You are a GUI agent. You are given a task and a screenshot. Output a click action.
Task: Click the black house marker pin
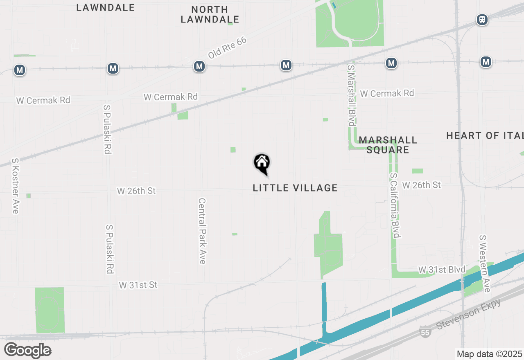coord(262,163)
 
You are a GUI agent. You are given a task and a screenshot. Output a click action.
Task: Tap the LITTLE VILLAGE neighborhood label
coord(295,188)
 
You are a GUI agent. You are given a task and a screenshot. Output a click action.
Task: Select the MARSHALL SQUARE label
coord(388,145)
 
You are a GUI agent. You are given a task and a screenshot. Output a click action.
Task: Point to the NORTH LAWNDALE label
coord(210,14)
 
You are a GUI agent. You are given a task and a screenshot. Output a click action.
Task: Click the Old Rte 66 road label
coord(227,49)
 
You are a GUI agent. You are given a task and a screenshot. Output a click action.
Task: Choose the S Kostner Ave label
coord(15,186)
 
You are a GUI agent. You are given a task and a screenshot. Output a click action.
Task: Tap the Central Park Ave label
coord(202,231)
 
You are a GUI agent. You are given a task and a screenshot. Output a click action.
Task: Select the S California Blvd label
coord(395,205)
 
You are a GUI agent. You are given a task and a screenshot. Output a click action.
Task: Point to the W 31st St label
coord(138,285)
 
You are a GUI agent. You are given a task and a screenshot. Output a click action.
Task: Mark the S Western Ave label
coord(484,263)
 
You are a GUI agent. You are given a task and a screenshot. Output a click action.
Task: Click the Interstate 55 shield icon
coord(425,332)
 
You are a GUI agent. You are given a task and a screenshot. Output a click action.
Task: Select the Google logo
coord(27,350)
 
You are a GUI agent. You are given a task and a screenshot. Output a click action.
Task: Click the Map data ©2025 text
coord(489,354)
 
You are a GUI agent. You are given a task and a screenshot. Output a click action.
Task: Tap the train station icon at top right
coord(482,20)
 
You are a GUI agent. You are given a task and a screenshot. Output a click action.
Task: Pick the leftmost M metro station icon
coord(19,70)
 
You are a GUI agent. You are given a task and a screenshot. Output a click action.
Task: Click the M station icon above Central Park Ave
coord(199,66)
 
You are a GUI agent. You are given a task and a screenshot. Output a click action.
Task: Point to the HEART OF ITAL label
coord(485,135)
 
